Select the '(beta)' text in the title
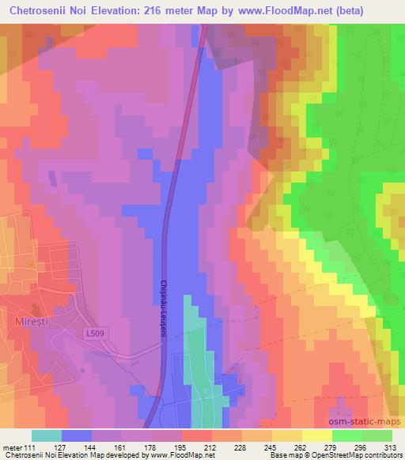pos(375,11)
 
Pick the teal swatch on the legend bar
pos(46,435)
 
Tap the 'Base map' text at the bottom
pos(275,455)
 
